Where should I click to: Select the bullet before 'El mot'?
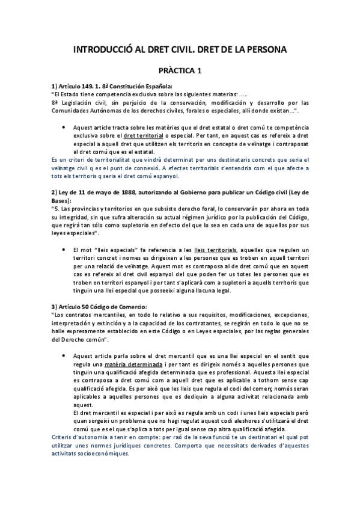coord(64,250)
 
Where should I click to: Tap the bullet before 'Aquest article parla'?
coord(64,356)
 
